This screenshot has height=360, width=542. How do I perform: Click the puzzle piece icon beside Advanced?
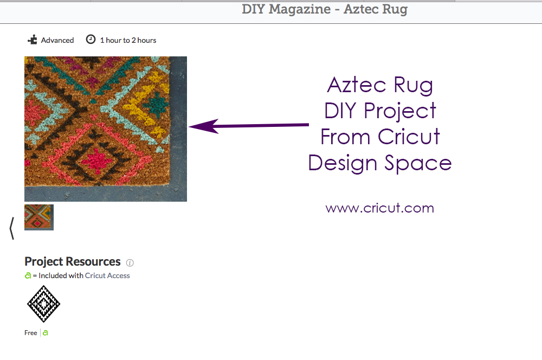point(32,40)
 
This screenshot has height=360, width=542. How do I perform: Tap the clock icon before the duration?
point(91,40)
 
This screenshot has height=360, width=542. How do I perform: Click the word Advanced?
point(57,40)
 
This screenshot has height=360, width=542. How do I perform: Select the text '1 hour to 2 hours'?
point(128,40)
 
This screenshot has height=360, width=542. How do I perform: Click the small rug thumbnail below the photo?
point(39,217)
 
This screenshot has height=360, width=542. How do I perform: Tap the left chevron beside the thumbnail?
point(12,228)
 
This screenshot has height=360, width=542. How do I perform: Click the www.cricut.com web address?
point(379,208)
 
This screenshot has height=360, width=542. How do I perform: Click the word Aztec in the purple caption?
point(357,85)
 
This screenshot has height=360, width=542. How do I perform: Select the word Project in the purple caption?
point(400,111)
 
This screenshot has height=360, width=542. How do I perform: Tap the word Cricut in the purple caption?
point(409,136)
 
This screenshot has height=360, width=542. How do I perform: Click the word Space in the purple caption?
point(418,163)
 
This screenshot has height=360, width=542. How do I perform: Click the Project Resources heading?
point(73,261)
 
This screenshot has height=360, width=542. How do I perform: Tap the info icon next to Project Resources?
point(130,263)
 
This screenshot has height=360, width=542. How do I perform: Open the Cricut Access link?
point(107,275)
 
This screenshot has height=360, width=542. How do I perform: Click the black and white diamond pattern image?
point(43,304)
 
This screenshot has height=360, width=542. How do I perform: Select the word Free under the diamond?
point(31,333)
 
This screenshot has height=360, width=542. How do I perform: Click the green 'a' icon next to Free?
point(46,333)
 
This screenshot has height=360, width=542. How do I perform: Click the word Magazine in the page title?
point(299,9)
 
